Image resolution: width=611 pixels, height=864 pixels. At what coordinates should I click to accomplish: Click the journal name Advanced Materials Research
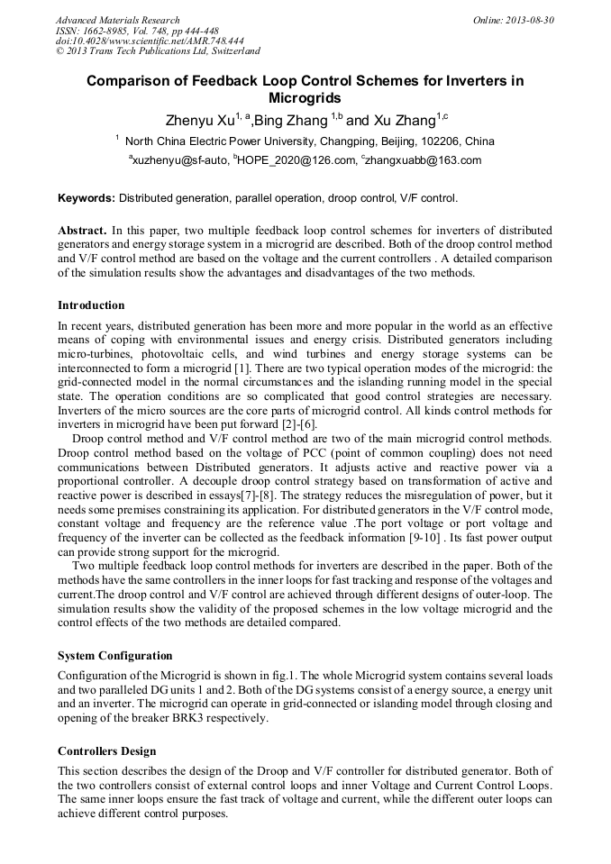tap(117, 20)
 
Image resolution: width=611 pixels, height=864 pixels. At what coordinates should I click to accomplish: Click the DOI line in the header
tap(150, 41)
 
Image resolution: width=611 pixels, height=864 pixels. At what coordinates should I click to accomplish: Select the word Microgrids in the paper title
tap(305, 98)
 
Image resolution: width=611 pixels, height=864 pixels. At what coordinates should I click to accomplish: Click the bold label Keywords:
tap(87, 197)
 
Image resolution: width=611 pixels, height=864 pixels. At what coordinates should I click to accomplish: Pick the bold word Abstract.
tap(83, 230)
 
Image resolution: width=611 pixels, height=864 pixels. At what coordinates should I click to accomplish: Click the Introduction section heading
tap(91, 305)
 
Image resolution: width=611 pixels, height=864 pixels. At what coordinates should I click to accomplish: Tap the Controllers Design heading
tap(106, 750)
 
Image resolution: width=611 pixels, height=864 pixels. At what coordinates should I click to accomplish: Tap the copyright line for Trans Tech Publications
tap(158, 51)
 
